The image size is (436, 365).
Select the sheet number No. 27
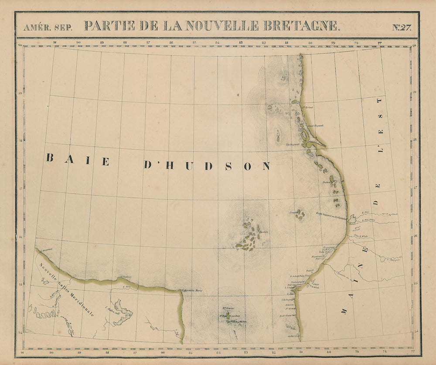401,27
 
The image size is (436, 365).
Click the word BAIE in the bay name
78,160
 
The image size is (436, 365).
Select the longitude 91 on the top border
54,43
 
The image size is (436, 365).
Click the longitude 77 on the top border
380,43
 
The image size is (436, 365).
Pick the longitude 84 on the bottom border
218,353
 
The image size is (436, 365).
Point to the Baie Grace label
286,316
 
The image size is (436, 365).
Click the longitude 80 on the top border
310,43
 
